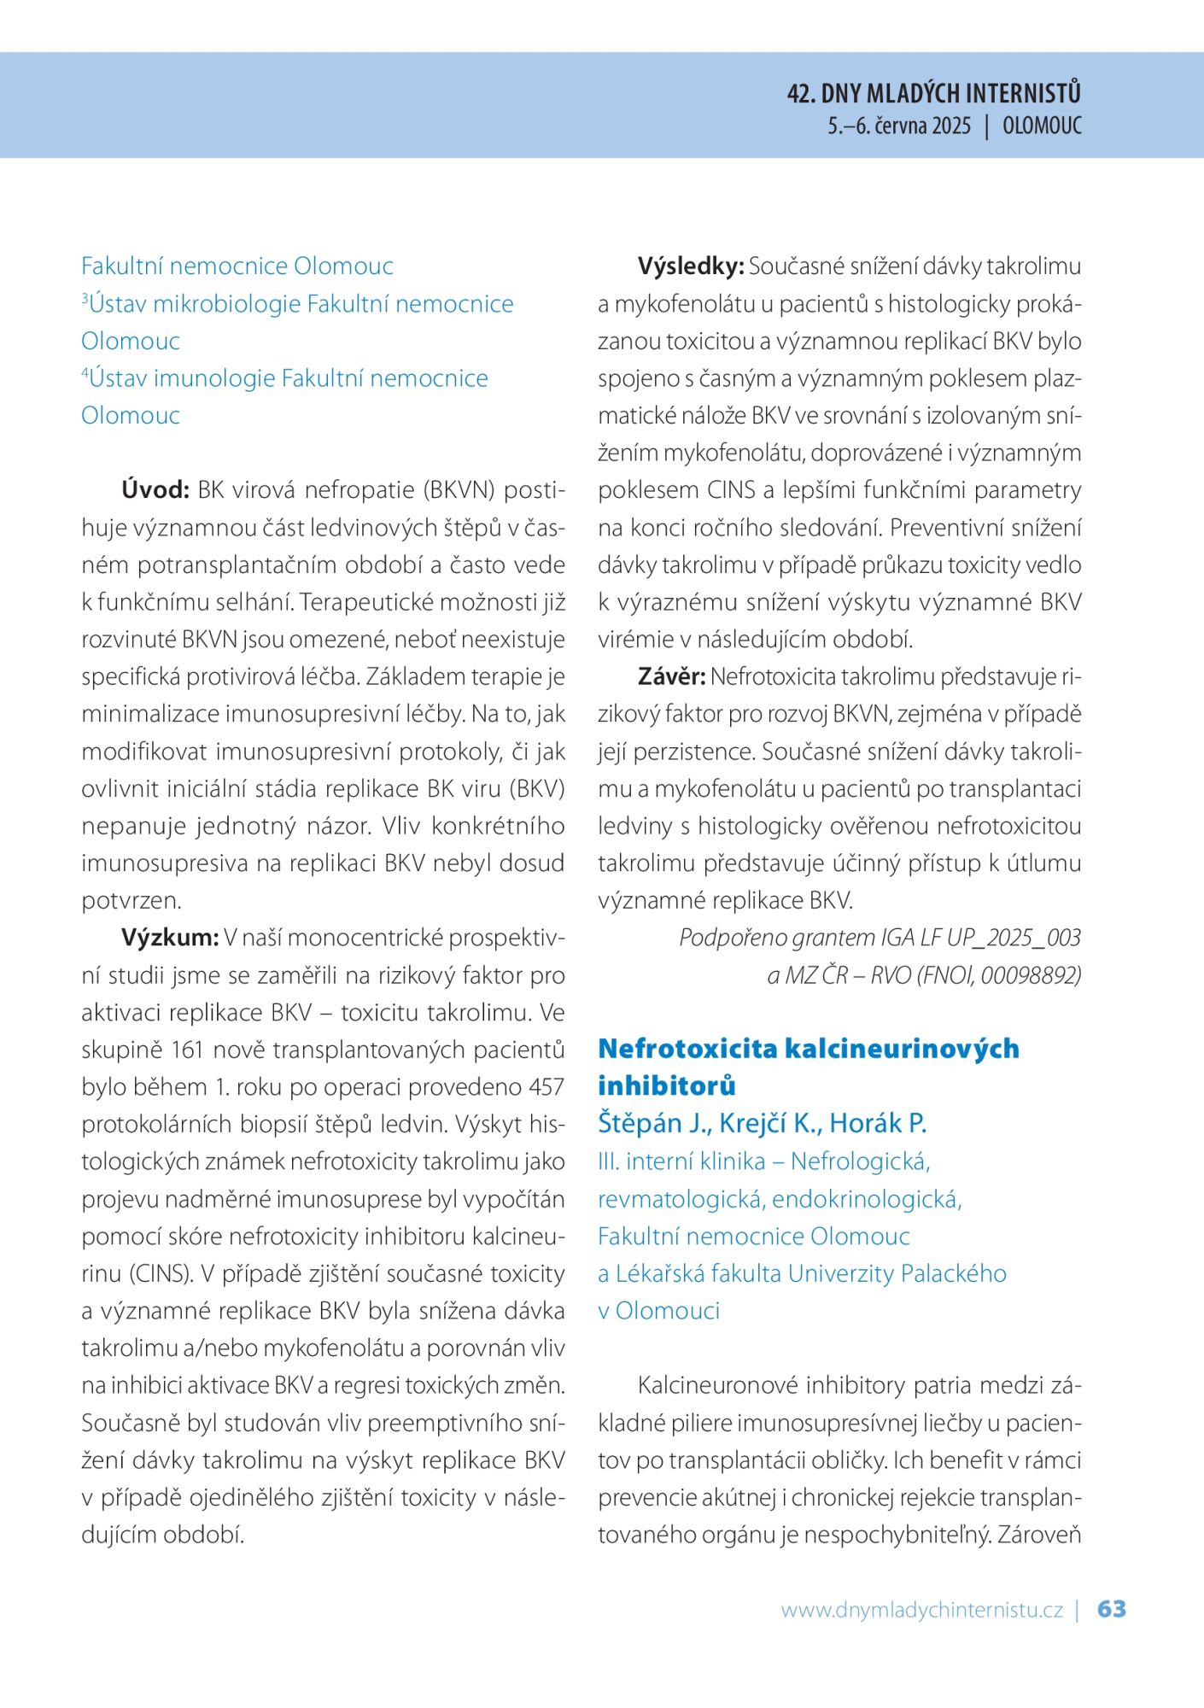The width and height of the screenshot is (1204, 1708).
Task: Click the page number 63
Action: [1111, 1609]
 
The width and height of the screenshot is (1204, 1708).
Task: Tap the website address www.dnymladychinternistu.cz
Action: [921, 1611]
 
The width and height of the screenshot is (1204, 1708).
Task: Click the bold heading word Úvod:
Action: [155, 490]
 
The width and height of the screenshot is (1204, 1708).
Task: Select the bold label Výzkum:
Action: [170, 938]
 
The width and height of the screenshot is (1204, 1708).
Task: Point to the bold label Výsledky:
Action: [691, 266]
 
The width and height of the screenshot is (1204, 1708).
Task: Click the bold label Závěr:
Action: [671, 677]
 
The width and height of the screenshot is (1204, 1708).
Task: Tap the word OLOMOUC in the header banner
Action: [1042, 126]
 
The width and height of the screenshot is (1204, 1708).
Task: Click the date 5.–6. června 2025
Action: [898, 126]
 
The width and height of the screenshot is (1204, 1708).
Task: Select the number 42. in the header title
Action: [801, 93]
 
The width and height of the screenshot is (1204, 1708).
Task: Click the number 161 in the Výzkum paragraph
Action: [186, 1050]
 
